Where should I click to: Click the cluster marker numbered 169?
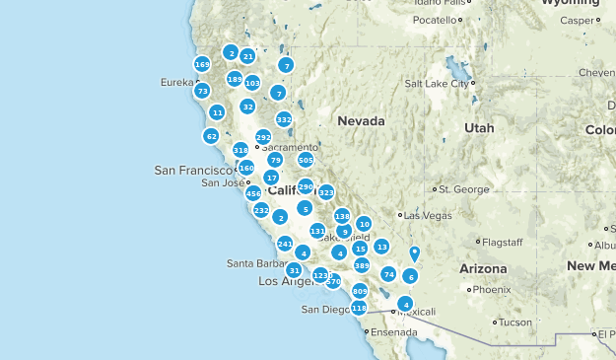(x=202, y=64)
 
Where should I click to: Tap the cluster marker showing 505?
(x=306, y=160)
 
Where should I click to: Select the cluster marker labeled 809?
(x=359, y=291)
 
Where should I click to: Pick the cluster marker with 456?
(x=253, y=194)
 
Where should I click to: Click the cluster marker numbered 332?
(x=284, y=119)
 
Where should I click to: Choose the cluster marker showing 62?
(x=212, y=135)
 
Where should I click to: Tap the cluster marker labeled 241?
(x=285, y=244)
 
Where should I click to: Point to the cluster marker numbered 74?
(x=388, y=274)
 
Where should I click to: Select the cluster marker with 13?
(x=381, y=247)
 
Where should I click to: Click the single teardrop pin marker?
(x=415, y=253)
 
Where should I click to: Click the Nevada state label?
(x=360, y=120)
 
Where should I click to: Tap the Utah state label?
(x=479, y=128)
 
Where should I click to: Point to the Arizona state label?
(x=483, y=268)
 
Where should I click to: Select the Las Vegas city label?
(x=426, y=215)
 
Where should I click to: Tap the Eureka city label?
(x=177, y=83)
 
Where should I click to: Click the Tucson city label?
(x=514, y=322)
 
